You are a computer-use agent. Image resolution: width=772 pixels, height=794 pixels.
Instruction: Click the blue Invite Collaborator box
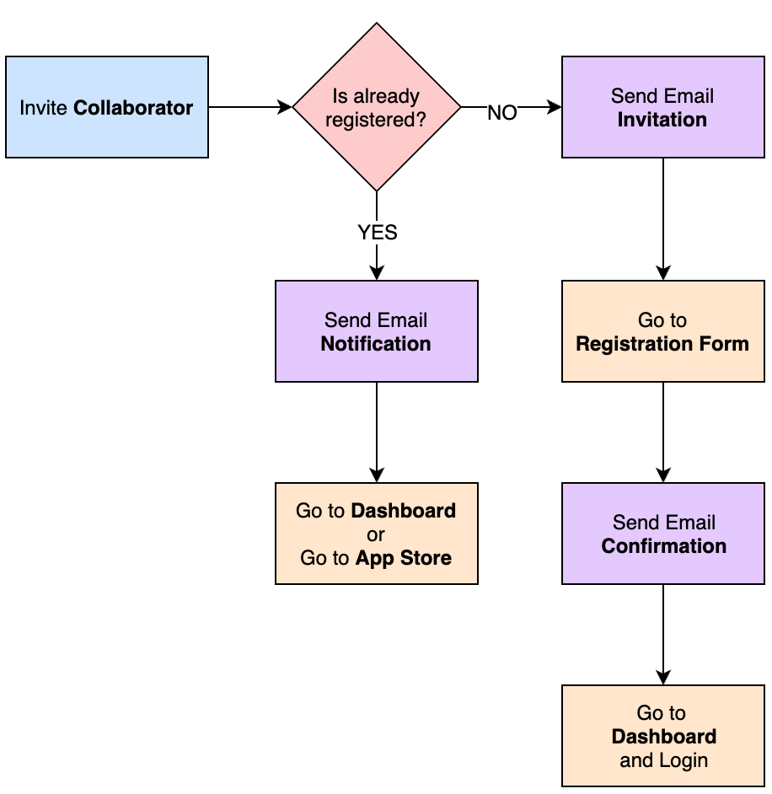pos(107,107)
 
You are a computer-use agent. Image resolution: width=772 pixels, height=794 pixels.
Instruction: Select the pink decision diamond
pos(377,107)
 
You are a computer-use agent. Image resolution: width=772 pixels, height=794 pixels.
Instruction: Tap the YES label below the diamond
pos(377,233)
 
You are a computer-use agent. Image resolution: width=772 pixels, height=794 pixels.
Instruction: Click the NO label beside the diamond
pos(502,113)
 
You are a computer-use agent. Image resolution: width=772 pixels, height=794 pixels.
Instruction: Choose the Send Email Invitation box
pos(662,107)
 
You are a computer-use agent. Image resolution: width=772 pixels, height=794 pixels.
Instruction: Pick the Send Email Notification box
pos(377,331)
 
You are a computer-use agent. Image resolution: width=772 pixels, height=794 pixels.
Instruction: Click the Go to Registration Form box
pos(662,331)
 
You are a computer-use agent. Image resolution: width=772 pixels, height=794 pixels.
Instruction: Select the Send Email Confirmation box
pos(662,534)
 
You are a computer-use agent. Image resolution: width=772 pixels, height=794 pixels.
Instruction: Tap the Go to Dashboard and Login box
pos(662,736)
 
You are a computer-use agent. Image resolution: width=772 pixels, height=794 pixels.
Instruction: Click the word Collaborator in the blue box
pos(133,108)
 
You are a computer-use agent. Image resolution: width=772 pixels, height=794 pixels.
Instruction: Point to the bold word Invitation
pos(662,120)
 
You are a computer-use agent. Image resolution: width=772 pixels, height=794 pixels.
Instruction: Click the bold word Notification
pos(376,344)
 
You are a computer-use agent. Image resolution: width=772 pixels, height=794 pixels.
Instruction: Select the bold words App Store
pos(403,558)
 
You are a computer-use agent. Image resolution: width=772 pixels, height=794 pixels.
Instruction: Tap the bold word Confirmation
pos(663,546)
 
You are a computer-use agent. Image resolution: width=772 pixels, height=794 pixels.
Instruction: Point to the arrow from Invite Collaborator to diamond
pos(250,107)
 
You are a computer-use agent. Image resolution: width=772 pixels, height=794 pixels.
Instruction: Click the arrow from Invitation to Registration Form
pos(663,219)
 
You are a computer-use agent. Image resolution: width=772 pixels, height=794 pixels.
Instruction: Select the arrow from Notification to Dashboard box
pos(377,432)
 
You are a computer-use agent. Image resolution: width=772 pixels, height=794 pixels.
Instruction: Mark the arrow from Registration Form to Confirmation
pos(663,432)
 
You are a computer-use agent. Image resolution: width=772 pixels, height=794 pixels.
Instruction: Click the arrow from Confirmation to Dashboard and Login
pos(663,635)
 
